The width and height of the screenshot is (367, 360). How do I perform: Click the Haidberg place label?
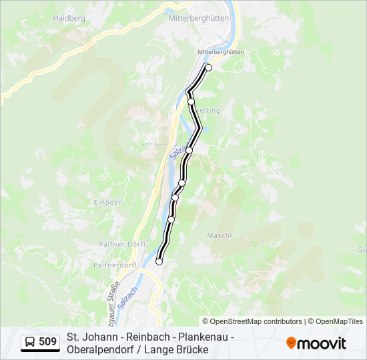(x=69, y=18)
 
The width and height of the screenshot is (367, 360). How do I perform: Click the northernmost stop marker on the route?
(x=208, y=67)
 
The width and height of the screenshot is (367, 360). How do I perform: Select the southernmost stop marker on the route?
(x=159, y=261)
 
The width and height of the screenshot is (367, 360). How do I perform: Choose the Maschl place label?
(x=220, y=235)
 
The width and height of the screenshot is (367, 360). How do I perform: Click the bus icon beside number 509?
(x=30, y=342)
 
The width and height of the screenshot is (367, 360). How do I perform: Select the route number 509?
(x=47, y=342)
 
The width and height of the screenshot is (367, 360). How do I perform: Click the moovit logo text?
(x=322, y=343)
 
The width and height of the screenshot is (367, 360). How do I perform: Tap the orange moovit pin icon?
(x=291, y=343)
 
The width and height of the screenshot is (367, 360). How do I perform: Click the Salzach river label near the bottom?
(x=125, y=296)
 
